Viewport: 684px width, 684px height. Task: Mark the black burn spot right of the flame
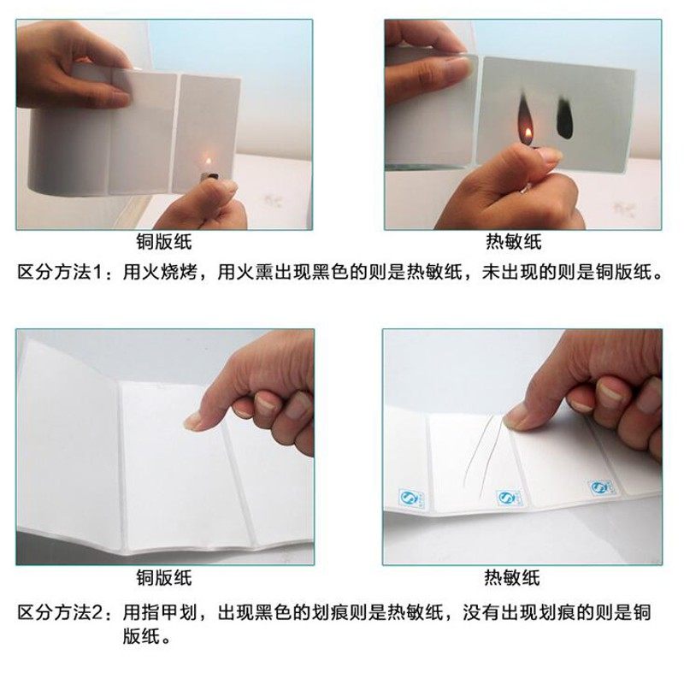(x=564, y=116)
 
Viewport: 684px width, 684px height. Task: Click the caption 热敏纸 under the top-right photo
(x=513, y=242)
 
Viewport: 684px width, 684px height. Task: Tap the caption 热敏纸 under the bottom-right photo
(x=513, y=577)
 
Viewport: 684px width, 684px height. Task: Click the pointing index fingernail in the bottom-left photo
(x=194, y=420)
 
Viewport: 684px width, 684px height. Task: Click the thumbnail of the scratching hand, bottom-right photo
(x=516, y=416)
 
